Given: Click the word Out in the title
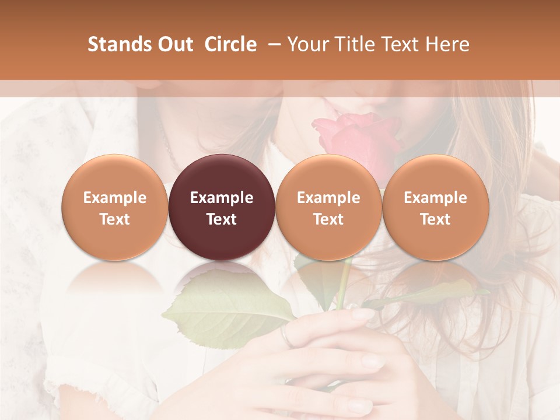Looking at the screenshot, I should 174,44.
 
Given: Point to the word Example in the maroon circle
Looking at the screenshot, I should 222,198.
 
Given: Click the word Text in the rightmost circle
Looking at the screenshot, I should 435,219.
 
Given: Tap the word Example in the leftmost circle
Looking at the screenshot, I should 115,198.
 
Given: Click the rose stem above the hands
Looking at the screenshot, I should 344,286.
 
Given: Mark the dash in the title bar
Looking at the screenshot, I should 272,44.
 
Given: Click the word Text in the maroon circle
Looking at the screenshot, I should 222,219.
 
